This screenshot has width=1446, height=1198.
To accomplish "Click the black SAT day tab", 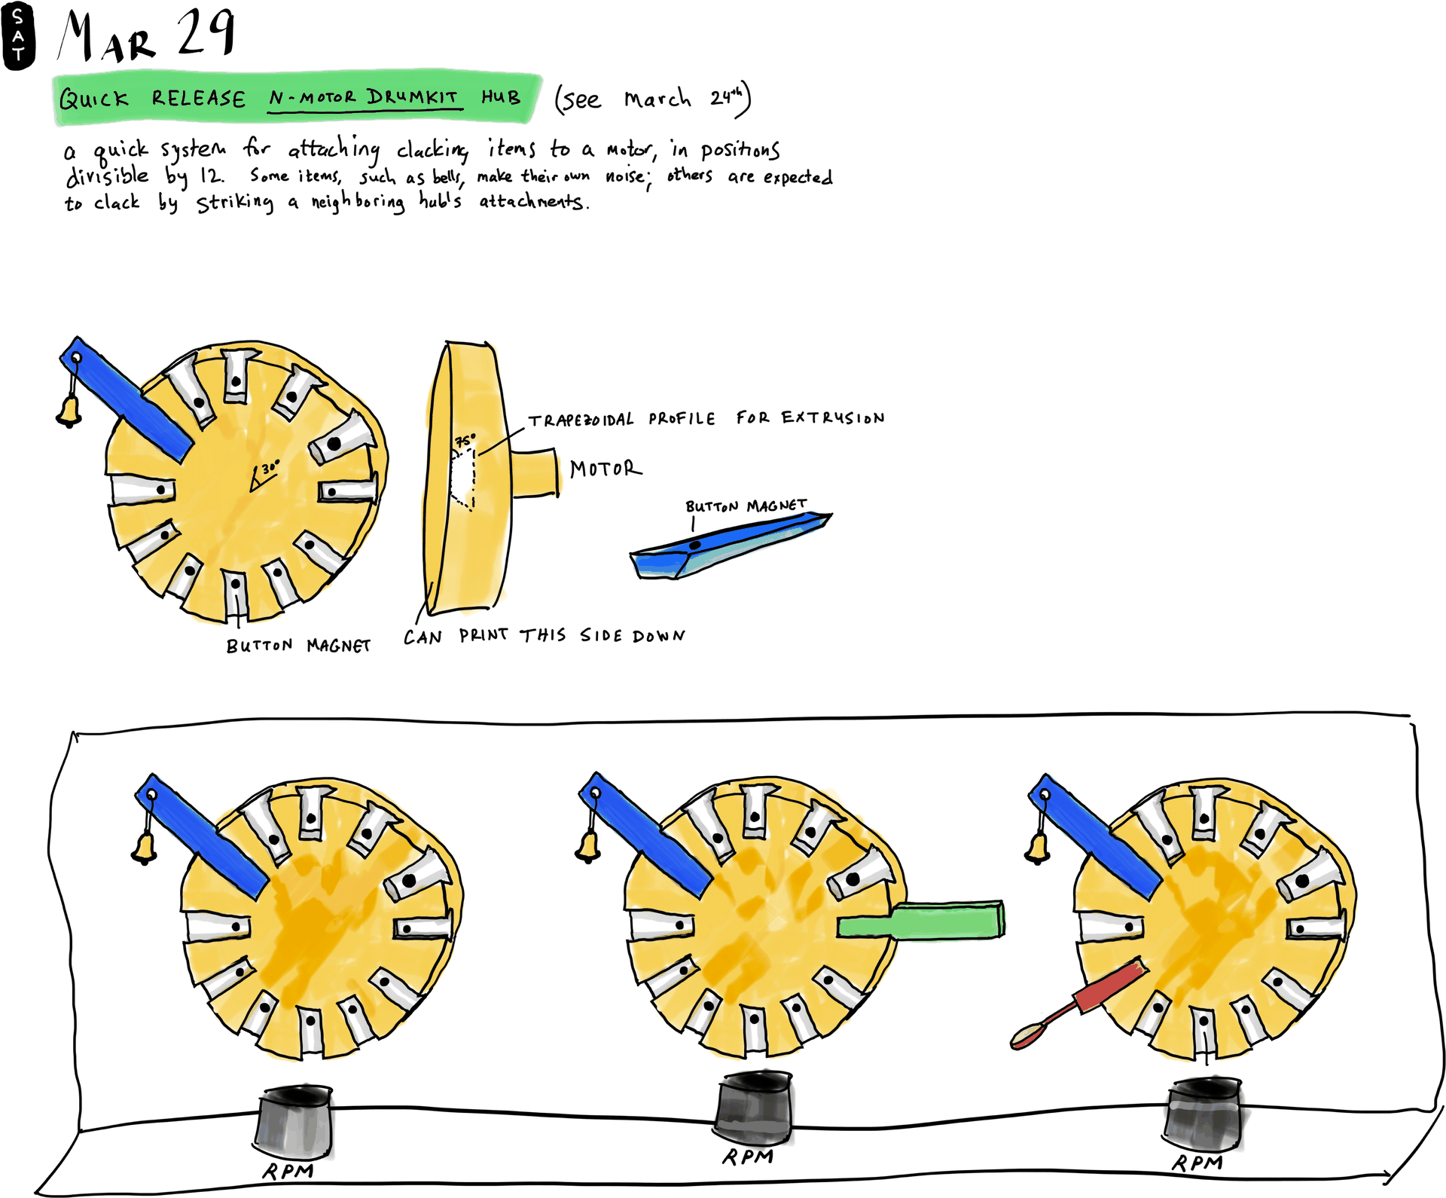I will [18, 35].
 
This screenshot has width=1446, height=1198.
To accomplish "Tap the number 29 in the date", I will [206, 34].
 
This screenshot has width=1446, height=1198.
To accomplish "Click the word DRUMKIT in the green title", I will [412, 97].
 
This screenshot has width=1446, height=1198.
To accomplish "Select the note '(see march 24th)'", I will [652, 99].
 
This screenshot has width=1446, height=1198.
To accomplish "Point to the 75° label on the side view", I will [465, 440].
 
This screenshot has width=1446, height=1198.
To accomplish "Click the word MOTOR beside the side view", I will [606, 469].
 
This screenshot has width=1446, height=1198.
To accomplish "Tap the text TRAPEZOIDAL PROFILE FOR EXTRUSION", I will [706, 418].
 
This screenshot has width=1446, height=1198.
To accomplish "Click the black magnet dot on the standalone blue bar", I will [695, 545].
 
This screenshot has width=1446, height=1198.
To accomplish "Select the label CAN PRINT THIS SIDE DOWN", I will [544, 636].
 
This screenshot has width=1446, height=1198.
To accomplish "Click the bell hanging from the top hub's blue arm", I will [69, 411].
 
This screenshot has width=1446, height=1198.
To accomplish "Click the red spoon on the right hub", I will [1077, 1005].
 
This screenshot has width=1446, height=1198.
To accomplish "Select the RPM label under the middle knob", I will [747, 1157].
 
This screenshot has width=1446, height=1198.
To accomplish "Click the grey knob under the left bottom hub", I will [294, 1123].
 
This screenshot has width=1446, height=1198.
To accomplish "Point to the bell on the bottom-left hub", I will [145, 848].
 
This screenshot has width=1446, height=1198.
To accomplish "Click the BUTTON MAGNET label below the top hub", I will [298, 646].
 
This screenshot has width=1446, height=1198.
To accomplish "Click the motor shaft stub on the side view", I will [535, 472].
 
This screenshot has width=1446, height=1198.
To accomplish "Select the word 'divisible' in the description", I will [108, 176].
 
